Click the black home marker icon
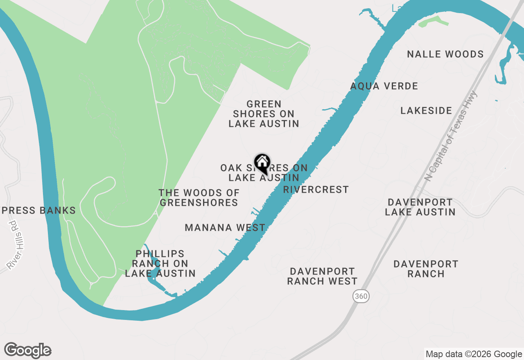(x=262, y=163)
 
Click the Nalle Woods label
(x=445, y=54)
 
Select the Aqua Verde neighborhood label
(x=384, y=86)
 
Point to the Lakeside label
(x=426, y=110)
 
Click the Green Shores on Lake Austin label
(x=264, y=114)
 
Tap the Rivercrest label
(x=316, y=189)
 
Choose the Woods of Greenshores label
(x=199, y=198)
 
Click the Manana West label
(x=225, y=227)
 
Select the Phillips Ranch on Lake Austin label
(x=160, y=264)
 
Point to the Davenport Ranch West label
(x=322, y=276)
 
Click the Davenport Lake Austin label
(x=420, y=207)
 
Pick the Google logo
(x=28, y=351)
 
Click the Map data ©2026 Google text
(x=474, y=354)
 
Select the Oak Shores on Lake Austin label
(x=264, y=173)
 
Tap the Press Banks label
(x=39, y=211)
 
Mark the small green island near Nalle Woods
(x=434, y=21)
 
